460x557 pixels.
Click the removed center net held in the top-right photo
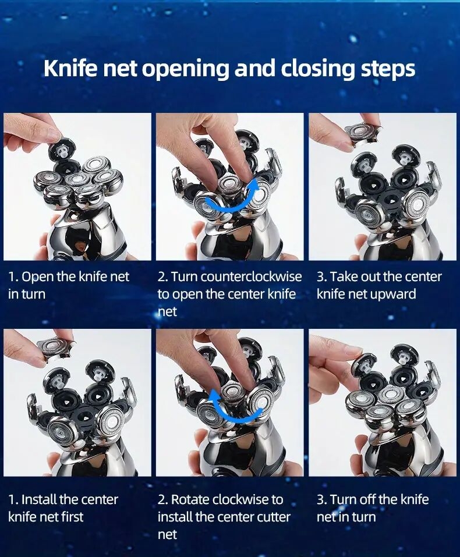click(x=362, y=132)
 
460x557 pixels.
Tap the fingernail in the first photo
click(x=54, y=134)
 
